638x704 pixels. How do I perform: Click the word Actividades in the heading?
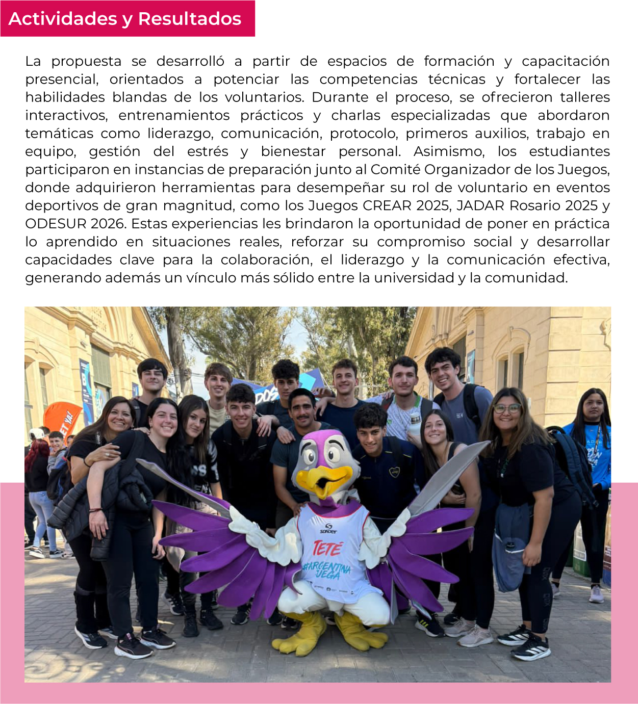point(63,19)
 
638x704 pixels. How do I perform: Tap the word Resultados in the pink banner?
point(190,19)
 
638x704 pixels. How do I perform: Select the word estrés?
point(208,151)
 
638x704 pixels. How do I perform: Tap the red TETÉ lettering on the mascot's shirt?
point(327,549)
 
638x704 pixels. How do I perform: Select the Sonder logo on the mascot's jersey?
point(328,528)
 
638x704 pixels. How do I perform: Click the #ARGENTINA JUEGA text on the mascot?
point(327,569)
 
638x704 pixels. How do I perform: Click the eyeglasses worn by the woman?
point(506,409)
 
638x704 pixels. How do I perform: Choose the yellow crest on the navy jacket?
point(394,473)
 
